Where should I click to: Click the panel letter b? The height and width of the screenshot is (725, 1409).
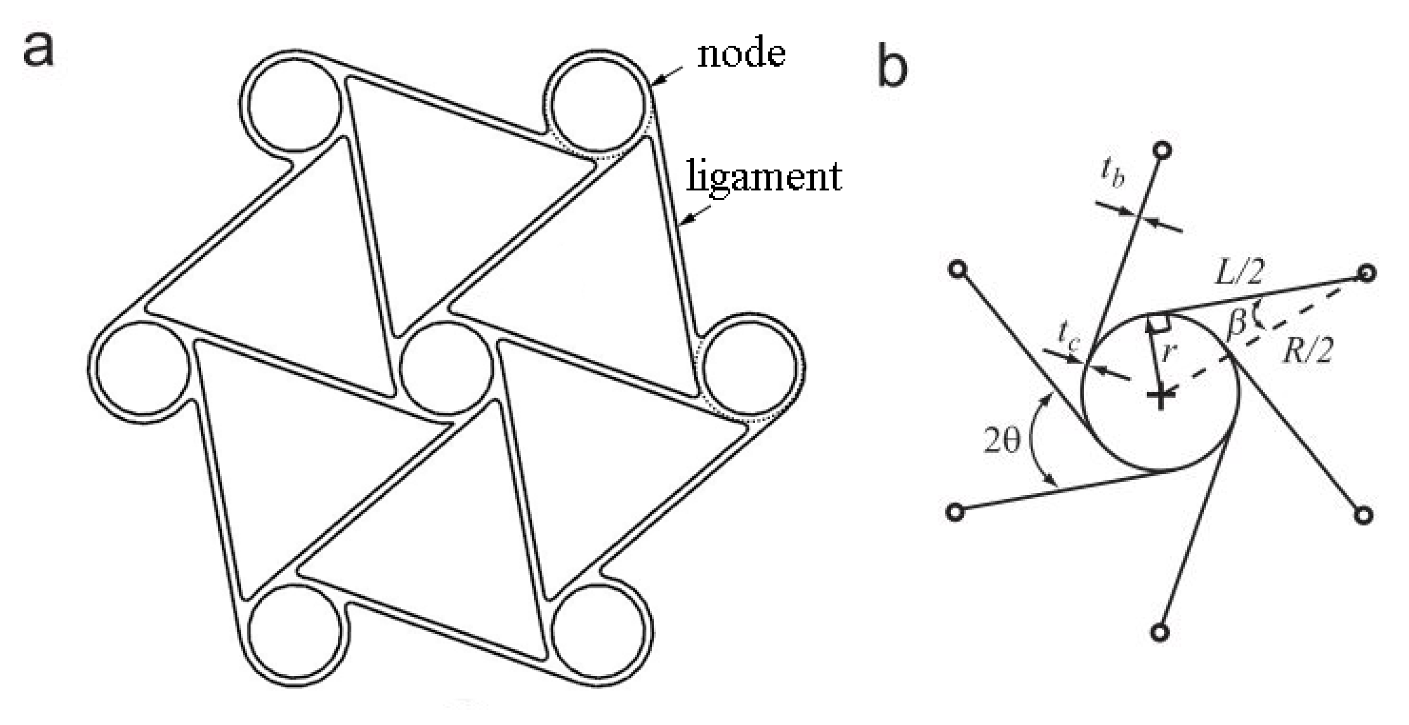[892, 68]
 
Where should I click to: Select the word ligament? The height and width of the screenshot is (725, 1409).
[764, 176]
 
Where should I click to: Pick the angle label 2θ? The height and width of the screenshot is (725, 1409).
[1002, 441]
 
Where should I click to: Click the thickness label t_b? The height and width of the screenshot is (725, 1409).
[1113, 174]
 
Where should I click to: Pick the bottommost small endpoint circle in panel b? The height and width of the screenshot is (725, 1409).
[1159, 633]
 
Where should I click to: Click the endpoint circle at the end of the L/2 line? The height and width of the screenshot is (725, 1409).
[1366, 273]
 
